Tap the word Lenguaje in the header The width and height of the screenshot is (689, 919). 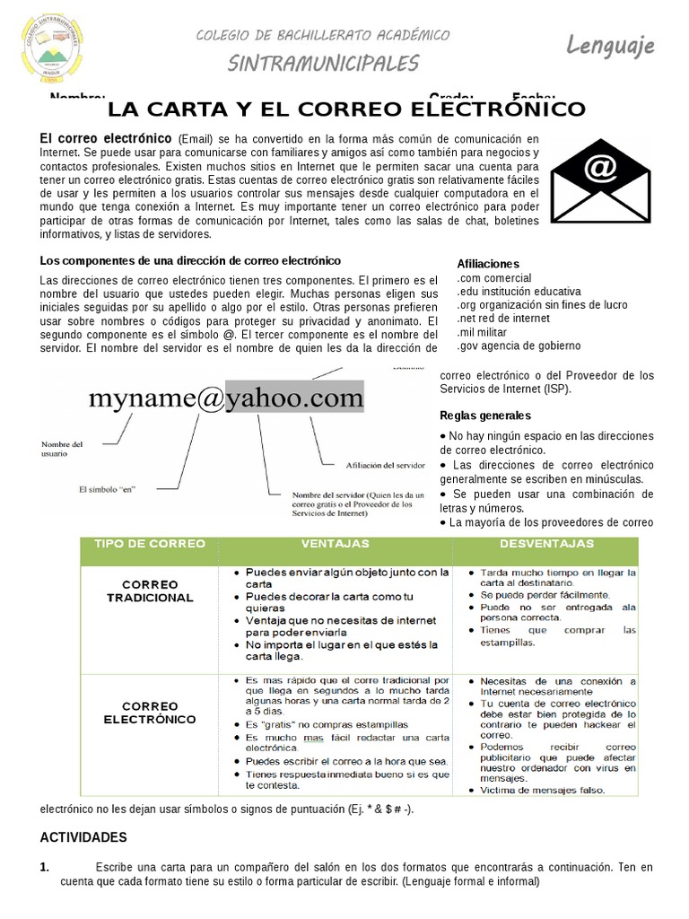tap(610, 45)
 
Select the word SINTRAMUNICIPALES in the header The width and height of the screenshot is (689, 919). tap(323, 63)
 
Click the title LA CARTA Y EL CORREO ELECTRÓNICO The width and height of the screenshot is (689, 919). tap(346, 110)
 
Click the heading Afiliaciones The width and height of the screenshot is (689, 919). tap(488, 264)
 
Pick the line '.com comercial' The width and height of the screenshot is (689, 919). tap(493, 278)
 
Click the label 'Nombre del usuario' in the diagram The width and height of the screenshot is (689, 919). tap(63, 449)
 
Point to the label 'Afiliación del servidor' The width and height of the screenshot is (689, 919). tap(385, 465)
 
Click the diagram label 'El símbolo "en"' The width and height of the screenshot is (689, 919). tap(112, 489)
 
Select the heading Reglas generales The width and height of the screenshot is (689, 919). tap(485, 416)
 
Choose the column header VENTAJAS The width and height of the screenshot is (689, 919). tap(335, 544)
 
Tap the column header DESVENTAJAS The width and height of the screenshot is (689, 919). tap(547, 544)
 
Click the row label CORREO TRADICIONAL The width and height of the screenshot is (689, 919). tap(150, 591)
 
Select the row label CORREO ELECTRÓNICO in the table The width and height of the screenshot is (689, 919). tap(150, 713)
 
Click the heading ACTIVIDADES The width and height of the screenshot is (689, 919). tap(83, 837)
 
